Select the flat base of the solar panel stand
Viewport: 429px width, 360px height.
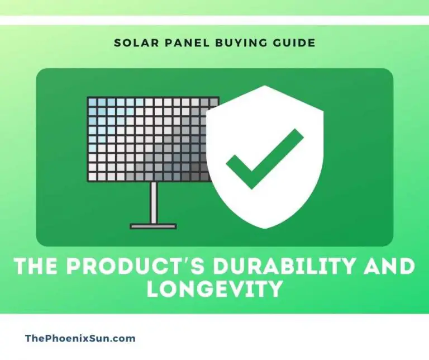click(153, 226)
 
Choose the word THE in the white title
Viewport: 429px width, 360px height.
click(36, 267)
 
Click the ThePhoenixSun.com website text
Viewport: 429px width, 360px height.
click(80, 338)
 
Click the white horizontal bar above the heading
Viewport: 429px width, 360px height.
click(214, 21)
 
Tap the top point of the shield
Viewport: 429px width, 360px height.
click(266, 88)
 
